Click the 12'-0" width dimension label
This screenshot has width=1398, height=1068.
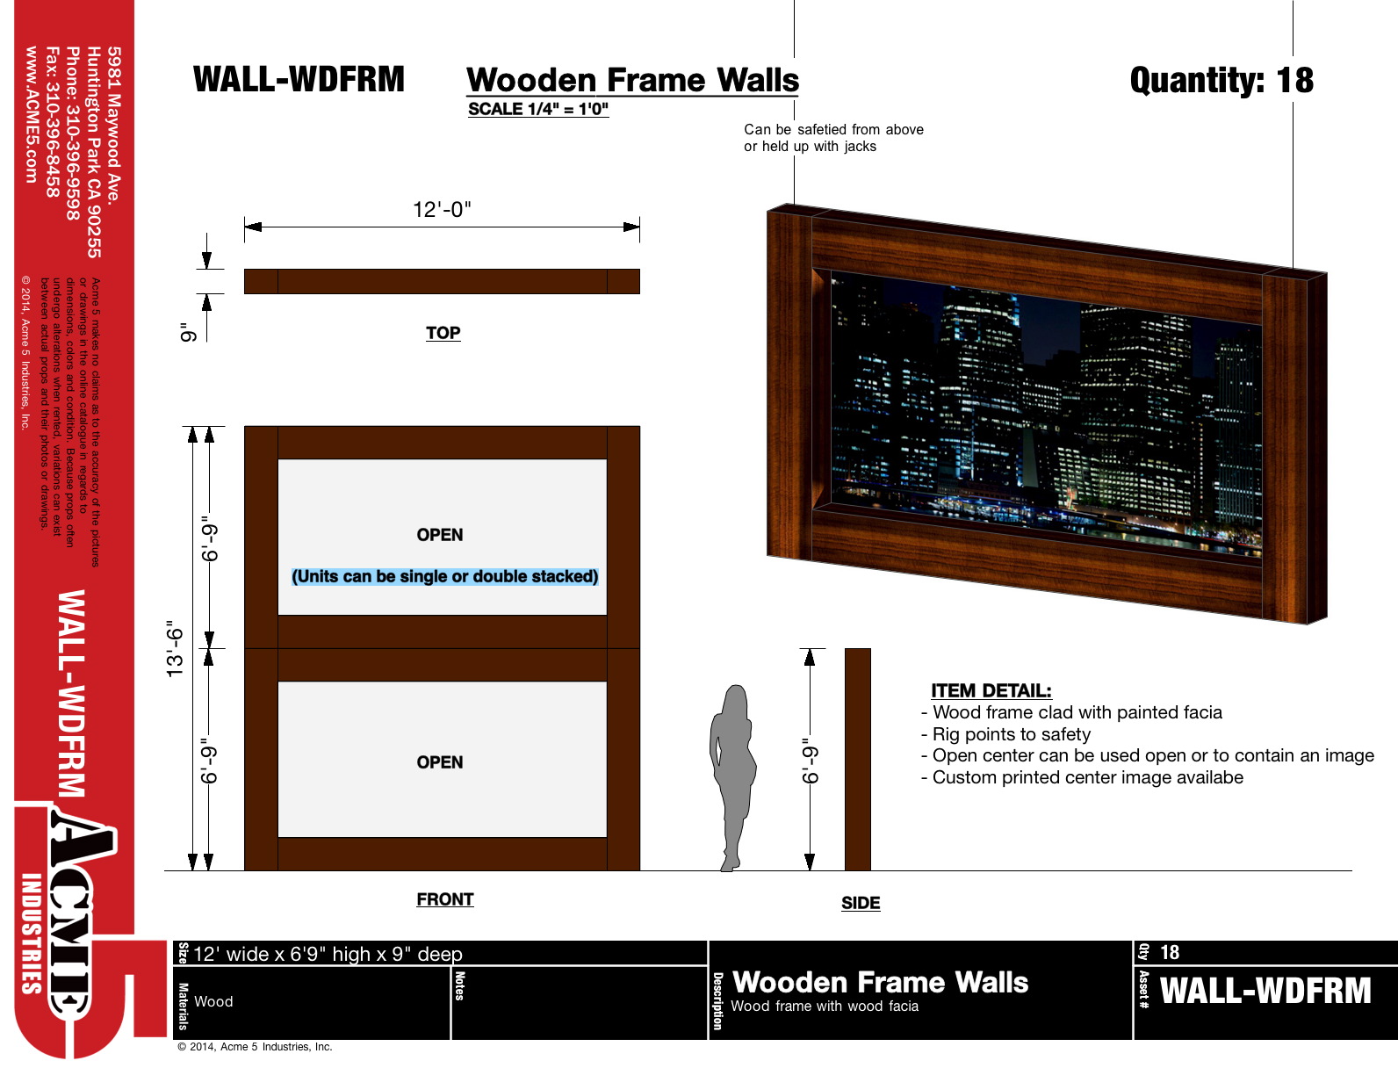pyautogui.click(x=442, y=209)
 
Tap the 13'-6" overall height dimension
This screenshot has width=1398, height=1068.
pyautogui.click(x=175, y=649)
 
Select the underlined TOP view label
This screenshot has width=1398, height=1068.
pyautogui.click(x=443, y=333)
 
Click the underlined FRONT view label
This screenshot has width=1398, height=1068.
pyautogui.click(x=444, y=899)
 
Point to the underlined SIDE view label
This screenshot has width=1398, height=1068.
pyautogui.click(x=861, y=903)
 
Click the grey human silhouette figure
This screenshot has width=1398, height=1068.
pyautogui.click(x=732, y=777)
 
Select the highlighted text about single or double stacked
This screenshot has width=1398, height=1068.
pyautogui.click(x=444, y=576)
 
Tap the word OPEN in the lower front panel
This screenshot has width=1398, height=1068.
pyautogui.click(x=439, y=762)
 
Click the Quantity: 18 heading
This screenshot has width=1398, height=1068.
pyautogui.click(x=1221, y=80)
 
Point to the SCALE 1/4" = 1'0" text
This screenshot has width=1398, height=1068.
pyautogui.click(x=538, y=109)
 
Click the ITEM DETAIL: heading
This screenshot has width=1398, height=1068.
pyautogui.click(x=991, y=690)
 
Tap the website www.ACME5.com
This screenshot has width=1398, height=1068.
pyautogui.click(x=32, y=115)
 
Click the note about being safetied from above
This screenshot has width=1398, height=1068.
pyautogui.click(x=833, y=138)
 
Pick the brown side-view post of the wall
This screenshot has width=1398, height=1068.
pyautogui.click(x=857, y=759)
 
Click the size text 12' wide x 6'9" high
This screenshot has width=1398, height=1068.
pyautogui.click(x=328, y=954)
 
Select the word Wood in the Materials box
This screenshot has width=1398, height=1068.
pyautogui.click(x=213, y=1001)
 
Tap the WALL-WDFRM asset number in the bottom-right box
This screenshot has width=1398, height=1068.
pyautogui.click(x=1265, y=991)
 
